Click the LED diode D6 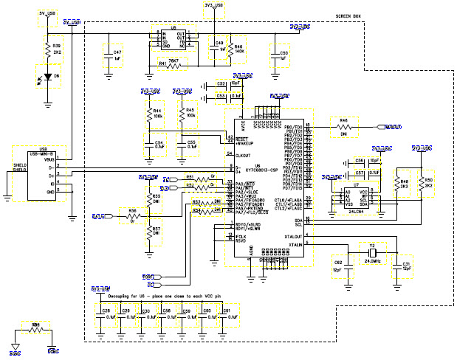point(49,75)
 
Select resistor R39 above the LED point(49,49)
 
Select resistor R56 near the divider point(132,215)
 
